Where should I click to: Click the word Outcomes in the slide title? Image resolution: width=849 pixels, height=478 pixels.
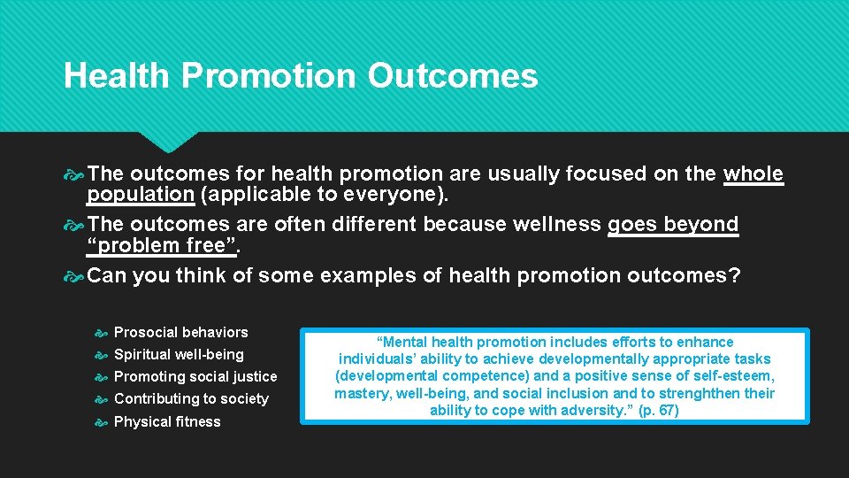[453, 76]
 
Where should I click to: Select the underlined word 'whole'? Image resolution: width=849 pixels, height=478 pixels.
[753, 173]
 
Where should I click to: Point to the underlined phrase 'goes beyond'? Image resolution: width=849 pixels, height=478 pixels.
[672, 225]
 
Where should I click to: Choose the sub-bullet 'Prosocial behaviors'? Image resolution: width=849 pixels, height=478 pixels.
[181, 332]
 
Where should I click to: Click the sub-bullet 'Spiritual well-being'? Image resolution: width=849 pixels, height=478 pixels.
[179, 354]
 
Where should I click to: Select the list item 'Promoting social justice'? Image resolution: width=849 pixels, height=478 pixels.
[195, 376]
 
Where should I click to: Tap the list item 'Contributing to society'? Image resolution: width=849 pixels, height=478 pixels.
[191, 398]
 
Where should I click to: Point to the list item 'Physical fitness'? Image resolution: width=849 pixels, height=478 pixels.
[167, 421]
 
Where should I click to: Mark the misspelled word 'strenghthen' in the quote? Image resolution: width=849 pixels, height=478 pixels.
[670, 393]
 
